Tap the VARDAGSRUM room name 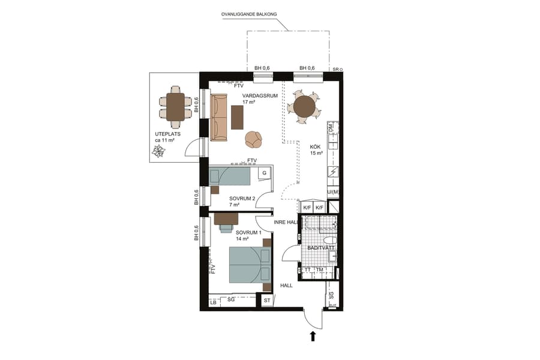coord(255,95)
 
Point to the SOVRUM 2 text coord(242,199)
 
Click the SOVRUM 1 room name coord(248,232)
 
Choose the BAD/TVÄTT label coord(321,247)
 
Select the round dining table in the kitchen coord(304,106)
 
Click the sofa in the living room coord(219,117)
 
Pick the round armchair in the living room coord(254,139)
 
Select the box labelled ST coord(267,299)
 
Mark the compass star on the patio coord(159,152)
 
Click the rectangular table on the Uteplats coord(175,107)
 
